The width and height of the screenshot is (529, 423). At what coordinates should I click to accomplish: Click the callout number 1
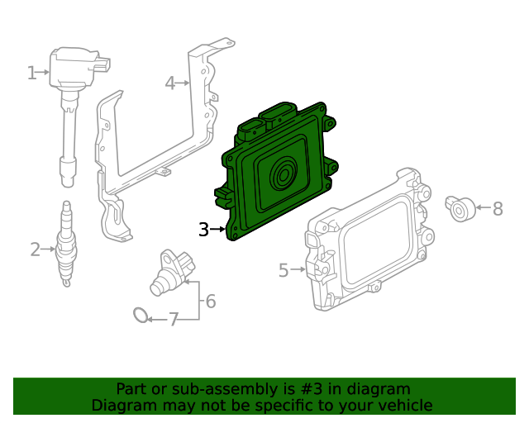pos(31,73)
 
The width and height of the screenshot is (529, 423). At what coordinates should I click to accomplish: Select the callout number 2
pos(35,250)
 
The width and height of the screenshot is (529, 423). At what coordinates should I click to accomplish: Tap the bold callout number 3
pos(204,230)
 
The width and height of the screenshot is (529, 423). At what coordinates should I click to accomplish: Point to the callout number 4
pos(170,83)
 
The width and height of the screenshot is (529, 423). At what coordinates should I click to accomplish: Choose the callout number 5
pos(284,270)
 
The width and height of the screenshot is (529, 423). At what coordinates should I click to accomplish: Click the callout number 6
pos(211,302)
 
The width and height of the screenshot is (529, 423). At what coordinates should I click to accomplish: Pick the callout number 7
pos(174,320)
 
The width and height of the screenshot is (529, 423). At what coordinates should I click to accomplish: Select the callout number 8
pos(498,208)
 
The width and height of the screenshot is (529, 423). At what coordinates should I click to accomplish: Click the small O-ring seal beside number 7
pos(141,315)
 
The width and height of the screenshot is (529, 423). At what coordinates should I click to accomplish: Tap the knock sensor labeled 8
pos(460,209)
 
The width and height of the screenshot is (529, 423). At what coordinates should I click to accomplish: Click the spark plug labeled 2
pos(67,244)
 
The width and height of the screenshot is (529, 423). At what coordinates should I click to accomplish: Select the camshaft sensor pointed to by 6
pos(172,273)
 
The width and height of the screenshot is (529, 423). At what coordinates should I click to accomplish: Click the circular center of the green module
pos(284,174)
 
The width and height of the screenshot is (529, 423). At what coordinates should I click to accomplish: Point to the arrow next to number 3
pos(218,230)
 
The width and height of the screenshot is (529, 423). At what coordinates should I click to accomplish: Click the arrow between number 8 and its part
pos(484,207)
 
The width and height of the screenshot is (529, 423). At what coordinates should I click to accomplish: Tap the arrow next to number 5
pos(298,269)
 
